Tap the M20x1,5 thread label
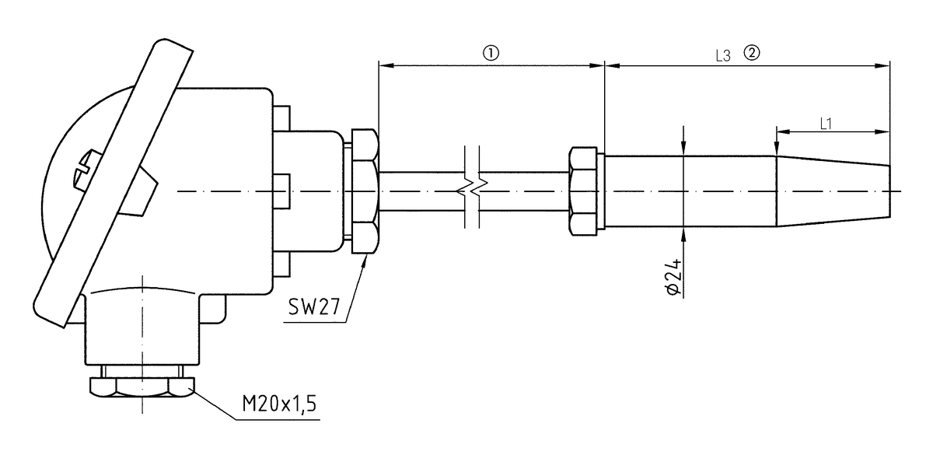click(278, 404)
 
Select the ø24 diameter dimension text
click(673, 277)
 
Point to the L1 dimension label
click(826, 122)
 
